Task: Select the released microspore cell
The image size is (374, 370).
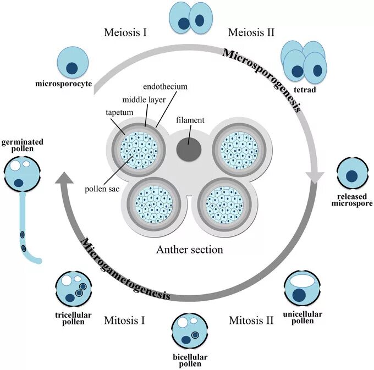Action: click(x=352, y=174)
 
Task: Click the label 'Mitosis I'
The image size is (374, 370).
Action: click(x=124, y=320)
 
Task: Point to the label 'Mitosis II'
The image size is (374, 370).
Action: click(x=251, y=320)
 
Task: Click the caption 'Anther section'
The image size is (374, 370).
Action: click(x=190, y=250)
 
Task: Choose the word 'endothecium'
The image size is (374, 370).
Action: click(x=166, y=86)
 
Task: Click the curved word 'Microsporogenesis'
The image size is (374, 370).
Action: click(x=262, y=79)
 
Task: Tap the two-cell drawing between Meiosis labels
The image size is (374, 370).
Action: click(x=189, y=18)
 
